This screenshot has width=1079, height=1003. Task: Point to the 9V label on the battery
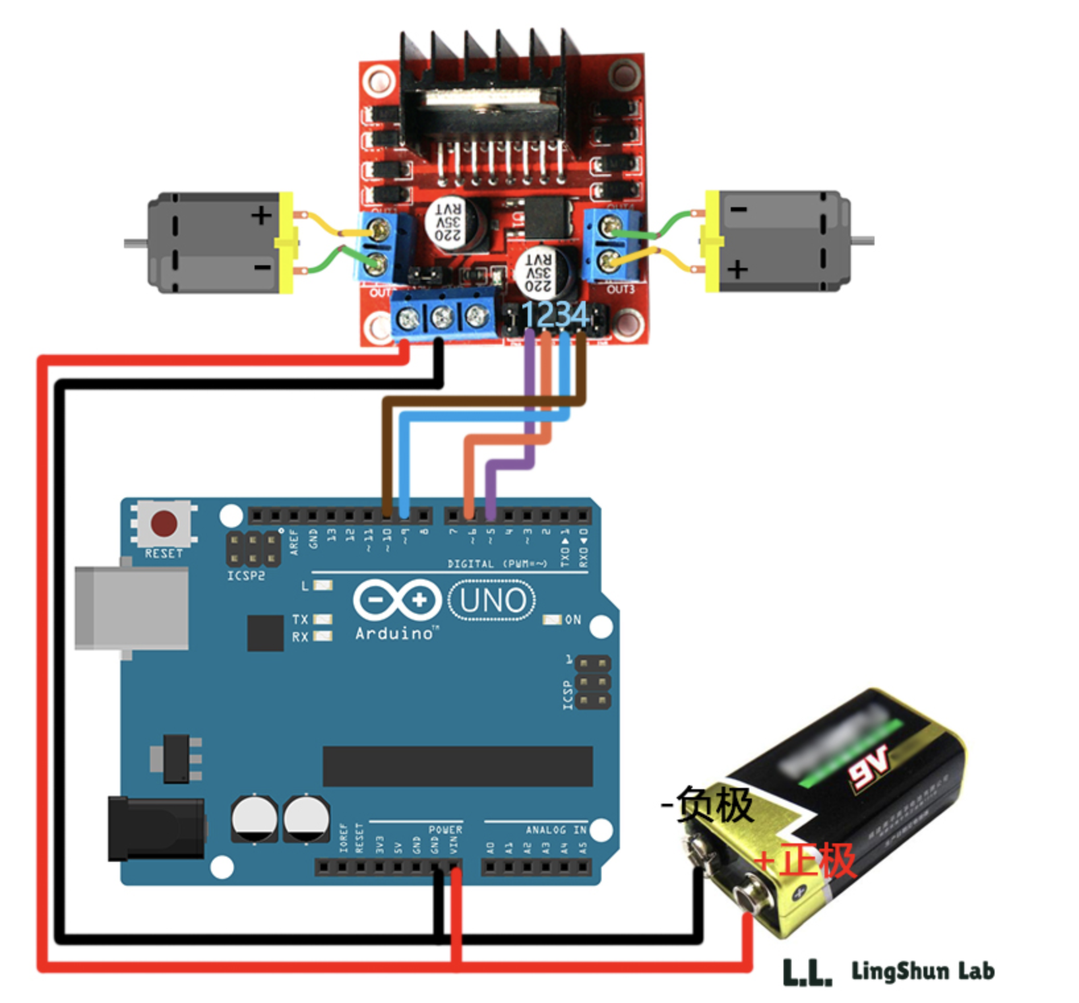(869, 766)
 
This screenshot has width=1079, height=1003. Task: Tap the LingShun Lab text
(922, 971)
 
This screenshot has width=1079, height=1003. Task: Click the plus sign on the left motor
(261, 215)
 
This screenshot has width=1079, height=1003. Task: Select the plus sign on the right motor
(737, 269)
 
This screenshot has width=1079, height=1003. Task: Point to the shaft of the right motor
(863, 241)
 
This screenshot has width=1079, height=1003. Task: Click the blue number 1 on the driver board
(529, 315)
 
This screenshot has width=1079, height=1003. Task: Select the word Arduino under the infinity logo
(394, 633)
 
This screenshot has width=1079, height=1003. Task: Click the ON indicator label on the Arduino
(572, 620)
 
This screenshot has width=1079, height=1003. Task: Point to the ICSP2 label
(246, 576)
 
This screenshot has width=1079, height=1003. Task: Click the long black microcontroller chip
(457, 766)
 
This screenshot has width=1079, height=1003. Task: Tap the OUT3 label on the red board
(620, 290)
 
